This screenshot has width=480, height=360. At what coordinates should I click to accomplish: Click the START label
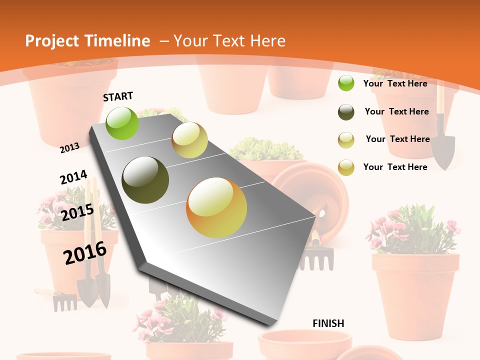[x=118, y=96]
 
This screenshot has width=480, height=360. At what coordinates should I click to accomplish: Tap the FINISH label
[x=328, y=323]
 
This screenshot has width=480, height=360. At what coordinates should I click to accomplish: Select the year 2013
[x=70, y=147]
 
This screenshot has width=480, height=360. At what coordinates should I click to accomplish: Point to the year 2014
[x=73, y=177]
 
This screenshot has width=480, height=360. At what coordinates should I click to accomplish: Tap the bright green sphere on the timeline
[x=122, y=123]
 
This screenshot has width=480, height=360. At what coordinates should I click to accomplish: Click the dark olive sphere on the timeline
[x=145, y=180]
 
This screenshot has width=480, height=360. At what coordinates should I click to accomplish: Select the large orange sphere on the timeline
[x=216, y=207]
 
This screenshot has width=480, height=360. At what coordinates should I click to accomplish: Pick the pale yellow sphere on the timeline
[x=189, y=140]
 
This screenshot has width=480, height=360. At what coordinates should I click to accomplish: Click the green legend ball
[x=346, y=83]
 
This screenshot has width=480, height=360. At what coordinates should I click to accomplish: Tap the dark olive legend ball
[x=346, y=112]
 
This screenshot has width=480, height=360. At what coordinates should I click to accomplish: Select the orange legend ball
[x=346, y=167]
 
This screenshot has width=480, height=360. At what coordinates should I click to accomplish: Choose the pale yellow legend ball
[x=346, y=139]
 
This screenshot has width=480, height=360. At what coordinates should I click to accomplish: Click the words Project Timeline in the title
[x=87, y=41]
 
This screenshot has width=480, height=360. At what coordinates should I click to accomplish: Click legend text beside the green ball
[x=395, y=83]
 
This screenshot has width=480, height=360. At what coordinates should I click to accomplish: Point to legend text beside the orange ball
[x=395, y=167]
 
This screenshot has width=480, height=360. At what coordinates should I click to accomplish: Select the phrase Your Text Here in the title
[x=229, y=41]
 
